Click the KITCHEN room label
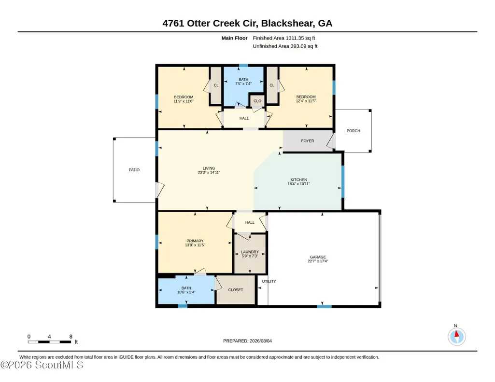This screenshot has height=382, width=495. [298, 179]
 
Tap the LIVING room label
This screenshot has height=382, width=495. [209, 168]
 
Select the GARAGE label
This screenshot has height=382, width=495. [318, 257]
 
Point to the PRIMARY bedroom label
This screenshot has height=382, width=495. [195, 241]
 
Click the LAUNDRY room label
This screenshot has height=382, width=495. [250, 252]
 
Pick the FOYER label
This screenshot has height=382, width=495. [308, 141]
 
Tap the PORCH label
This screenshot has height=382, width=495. [353, 131]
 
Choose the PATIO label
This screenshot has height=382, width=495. [134, 170]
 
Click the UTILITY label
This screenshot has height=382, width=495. [269, 281]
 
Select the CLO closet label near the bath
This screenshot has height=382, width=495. [257, 101]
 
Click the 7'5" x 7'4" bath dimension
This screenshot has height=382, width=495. [243, 83]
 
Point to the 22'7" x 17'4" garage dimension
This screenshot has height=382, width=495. [318, 261]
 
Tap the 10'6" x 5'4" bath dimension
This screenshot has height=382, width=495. [186, 292]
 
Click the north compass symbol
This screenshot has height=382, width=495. [456, 336]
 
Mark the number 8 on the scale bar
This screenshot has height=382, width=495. [71, 337]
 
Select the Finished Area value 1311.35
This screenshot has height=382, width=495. [295, 38]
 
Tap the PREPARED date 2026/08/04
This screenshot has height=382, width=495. [261, 341]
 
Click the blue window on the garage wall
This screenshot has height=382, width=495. [324, 306]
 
